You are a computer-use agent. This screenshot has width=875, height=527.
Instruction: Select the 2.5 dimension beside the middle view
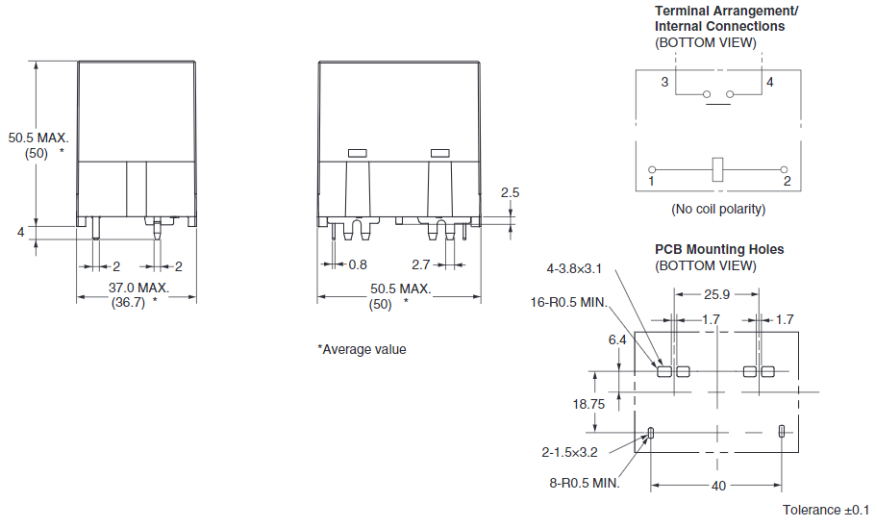pos(511,192)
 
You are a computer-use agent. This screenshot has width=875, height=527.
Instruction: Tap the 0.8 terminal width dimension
pos(358,264)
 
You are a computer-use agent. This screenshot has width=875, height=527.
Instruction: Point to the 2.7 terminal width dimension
pos(420,264)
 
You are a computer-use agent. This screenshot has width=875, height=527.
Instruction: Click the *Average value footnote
pos(362,349)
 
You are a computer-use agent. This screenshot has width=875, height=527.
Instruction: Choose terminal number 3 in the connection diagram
pos(663,83)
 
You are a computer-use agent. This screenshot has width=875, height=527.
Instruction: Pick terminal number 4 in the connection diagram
pos(769,83)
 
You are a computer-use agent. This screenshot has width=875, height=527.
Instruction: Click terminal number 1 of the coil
pos(651,181)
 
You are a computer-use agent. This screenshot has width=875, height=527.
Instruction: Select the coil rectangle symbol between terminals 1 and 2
pos(717,168)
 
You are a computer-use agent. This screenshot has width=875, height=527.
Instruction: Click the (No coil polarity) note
pos(718,209)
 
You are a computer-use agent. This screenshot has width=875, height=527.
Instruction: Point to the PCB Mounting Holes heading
pos(719,249)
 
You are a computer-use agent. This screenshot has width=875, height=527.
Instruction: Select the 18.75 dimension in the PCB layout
pos(588,405)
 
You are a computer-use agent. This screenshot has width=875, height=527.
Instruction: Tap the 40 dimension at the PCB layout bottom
pos(717,486)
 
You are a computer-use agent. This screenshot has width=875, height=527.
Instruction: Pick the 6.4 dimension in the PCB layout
pos(617,339)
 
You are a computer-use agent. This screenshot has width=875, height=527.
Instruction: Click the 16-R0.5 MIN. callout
pos(569,302)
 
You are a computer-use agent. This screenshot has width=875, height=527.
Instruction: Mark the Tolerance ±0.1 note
pos(825,510)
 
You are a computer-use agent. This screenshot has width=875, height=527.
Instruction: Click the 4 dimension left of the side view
pos(20,232)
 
